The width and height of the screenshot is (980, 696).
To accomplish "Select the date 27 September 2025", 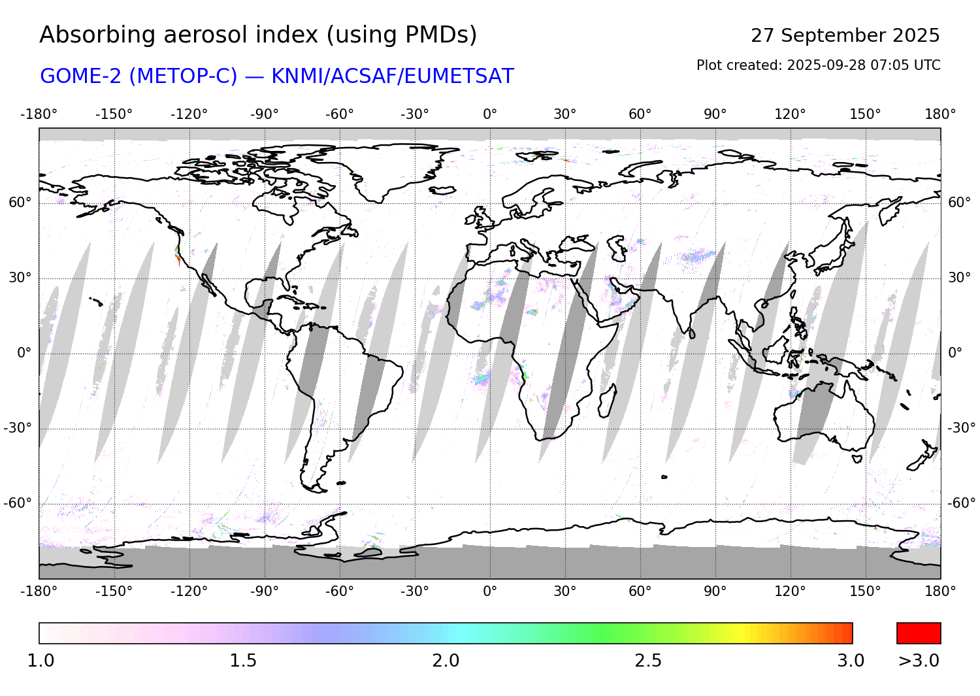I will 845,35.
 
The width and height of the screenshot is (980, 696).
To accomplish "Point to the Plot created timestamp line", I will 818,65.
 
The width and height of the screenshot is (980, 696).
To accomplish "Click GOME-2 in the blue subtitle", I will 82,76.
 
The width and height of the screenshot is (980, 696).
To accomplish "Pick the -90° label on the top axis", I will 264,114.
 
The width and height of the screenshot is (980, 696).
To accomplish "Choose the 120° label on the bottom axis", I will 790,591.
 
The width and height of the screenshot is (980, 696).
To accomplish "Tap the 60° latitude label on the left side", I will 20,203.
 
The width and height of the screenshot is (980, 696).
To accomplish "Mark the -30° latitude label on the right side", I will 961,428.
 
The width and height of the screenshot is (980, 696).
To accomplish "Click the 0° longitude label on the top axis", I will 490,114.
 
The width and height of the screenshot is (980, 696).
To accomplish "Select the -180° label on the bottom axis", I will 39,591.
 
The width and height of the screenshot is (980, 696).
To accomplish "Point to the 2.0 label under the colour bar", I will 446,661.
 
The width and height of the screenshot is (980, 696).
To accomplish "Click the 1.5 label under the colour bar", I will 243,661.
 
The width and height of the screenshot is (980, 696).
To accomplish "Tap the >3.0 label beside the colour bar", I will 919,661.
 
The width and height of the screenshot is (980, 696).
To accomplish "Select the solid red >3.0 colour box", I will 919,633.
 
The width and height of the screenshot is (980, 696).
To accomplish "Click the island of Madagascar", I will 607,401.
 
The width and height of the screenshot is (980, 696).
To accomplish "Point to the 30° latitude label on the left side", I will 20,278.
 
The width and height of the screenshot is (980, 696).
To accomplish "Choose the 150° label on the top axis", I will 865,114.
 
